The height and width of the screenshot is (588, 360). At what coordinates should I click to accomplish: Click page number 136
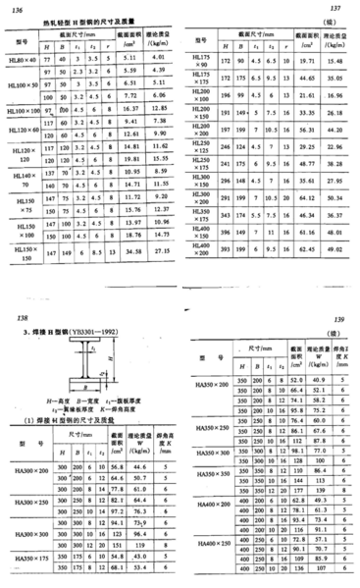click(x=16, y=9)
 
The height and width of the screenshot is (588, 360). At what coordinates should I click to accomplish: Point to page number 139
click(x=342, y=321)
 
